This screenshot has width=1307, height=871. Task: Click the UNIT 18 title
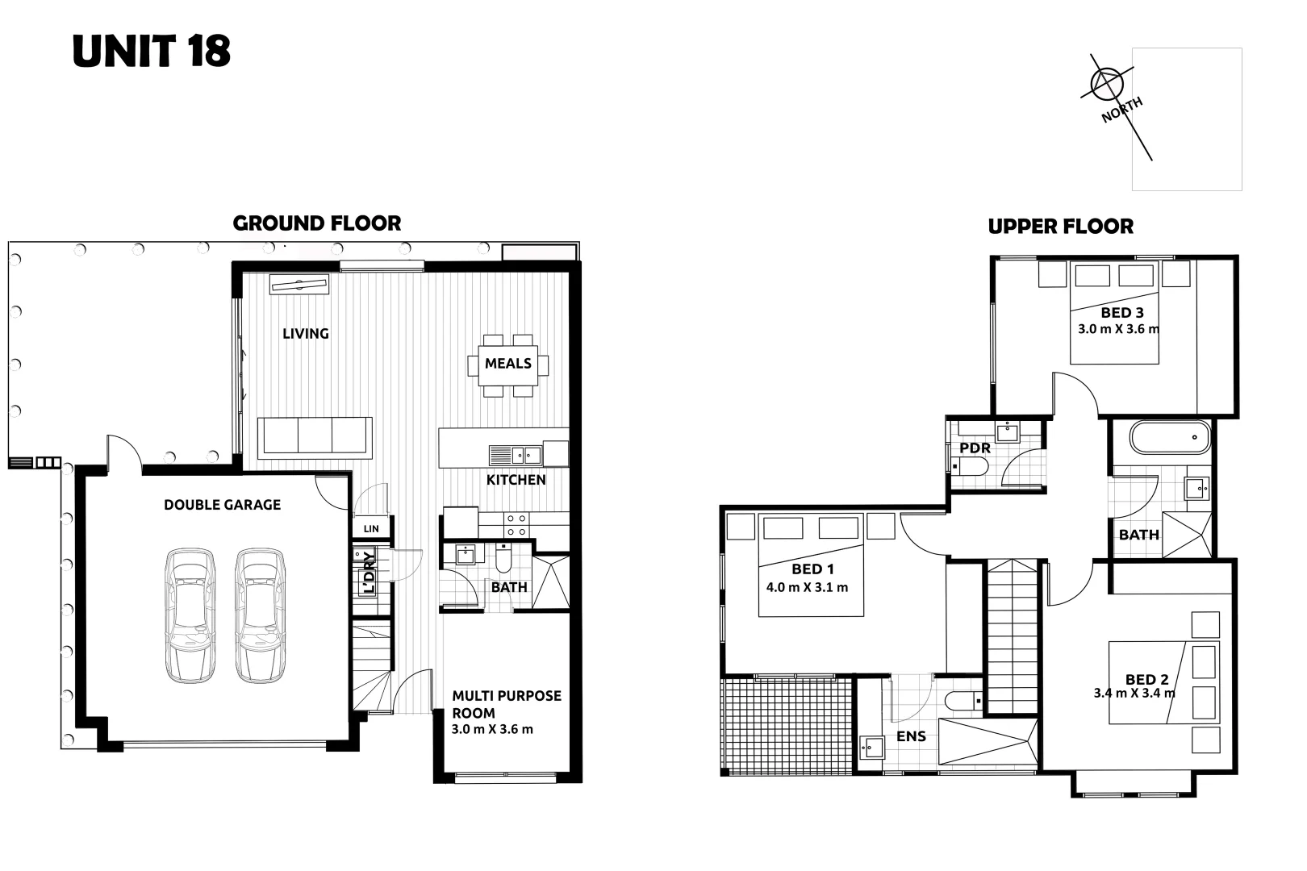tap(152, 51)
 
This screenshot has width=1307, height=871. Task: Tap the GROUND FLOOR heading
tap(316, 223)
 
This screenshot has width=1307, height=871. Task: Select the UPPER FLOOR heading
tap(1060, 227)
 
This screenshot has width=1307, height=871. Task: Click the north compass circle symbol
tap(1107, 83)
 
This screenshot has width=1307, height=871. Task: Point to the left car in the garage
tap(190, 615)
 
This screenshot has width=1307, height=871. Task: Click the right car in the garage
tap(260, 615)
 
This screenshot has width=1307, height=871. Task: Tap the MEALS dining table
tap(507, 364)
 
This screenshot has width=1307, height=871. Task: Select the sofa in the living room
tap(315, 436)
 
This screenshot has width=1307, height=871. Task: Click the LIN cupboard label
tap(371, 529)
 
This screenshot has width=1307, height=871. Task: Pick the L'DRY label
tap(369, 571)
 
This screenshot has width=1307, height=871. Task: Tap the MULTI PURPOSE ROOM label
tap(506, 704)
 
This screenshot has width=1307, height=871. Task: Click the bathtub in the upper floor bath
tap(1170, 437)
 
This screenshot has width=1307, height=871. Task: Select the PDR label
tap(975, 448)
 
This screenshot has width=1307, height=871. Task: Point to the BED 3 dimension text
tap(1118, 329)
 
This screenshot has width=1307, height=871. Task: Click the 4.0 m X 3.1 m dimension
tap(807, 587)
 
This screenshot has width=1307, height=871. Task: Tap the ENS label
tap(911, 736)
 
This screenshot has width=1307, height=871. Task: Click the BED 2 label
tap(1146, 679)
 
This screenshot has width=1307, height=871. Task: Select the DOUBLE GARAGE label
tap(222, 505)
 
